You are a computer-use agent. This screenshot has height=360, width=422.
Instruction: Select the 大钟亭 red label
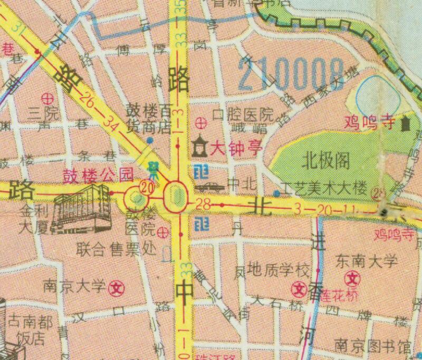[x=236, y=149]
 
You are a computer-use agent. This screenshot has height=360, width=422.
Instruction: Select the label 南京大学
[x=75, y=287]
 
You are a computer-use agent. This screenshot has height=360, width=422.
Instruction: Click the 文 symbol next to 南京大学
[x=115, y=288]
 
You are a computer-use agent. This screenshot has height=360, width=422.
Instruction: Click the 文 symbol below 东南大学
[x=352, y=278]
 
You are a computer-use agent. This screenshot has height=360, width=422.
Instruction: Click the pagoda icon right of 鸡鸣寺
[x=406, y=125]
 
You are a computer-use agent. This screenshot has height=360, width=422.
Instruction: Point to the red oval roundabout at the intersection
[x=176, y=196]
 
